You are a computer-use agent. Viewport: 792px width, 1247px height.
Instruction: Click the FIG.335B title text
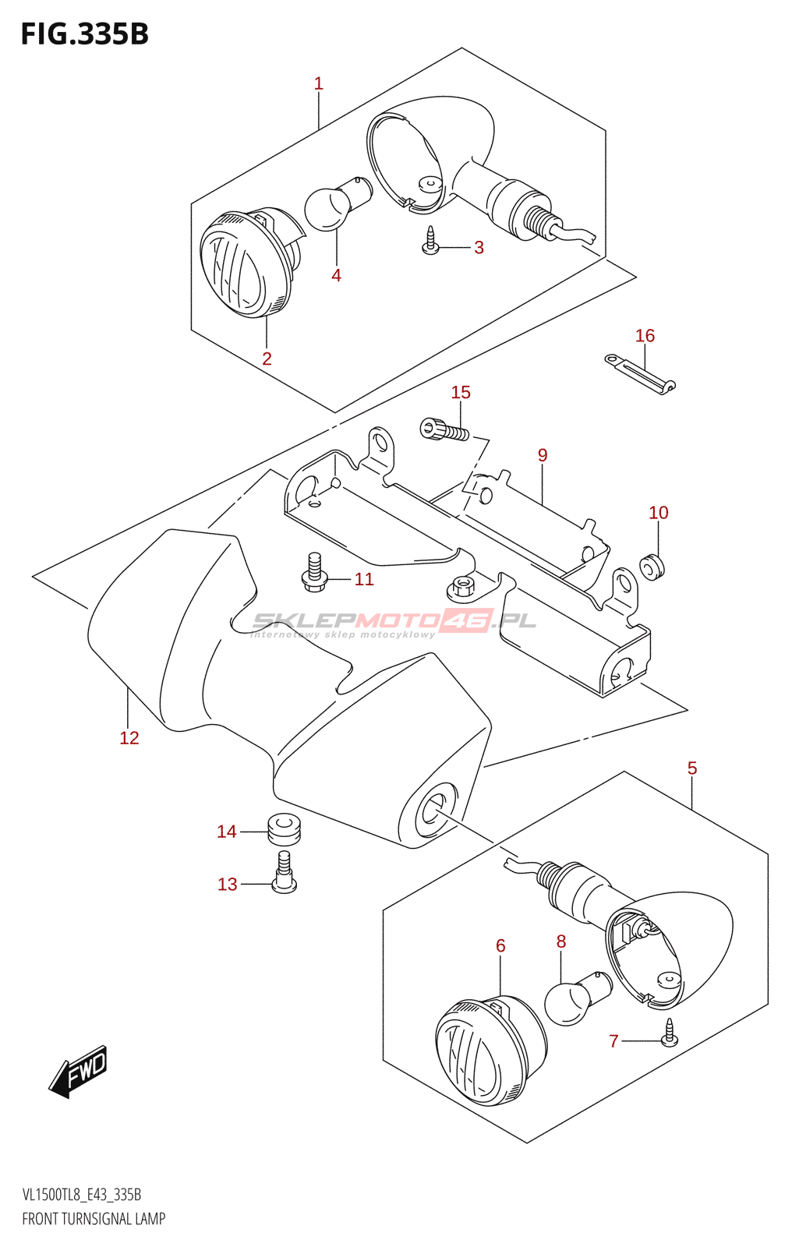tap(85, 34)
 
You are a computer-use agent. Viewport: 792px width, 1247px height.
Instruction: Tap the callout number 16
tap(645, 336)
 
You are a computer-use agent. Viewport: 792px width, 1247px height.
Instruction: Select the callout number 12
tap(129, 737)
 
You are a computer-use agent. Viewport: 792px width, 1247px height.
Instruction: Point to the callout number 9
tap(543, 455)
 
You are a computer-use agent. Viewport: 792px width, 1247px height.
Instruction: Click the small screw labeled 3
tap(430, 241)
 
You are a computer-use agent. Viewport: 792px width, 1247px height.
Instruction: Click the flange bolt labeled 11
tap(315, 572)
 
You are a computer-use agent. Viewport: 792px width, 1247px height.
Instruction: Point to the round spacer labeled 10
tap(652, 567)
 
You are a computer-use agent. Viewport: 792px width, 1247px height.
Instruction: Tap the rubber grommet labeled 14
tap(284, 829)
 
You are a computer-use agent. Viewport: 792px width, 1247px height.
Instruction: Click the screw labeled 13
tap(284, 872)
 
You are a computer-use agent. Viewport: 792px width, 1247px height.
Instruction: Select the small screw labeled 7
tap(669, 1032)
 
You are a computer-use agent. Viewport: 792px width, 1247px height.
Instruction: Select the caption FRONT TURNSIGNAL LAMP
tap(94, 1219)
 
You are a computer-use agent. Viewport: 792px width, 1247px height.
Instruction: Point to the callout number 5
tap(692, 768)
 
